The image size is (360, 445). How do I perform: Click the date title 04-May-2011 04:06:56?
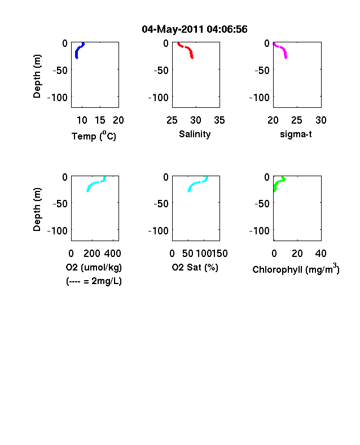tap(195, 29)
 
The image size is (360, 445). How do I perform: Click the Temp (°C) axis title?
tap(94, 136)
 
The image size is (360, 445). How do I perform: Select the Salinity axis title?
tap(195, 134)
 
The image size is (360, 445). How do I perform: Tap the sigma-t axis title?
tap(296, 134)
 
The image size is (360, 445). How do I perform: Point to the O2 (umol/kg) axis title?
tap(94, 267)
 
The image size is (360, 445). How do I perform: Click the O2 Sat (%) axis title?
tap(195, 267)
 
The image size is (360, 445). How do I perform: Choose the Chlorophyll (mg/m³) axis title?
tap(296, 268)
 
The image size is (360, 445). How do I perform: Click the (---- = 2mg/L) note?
tap(94, 281)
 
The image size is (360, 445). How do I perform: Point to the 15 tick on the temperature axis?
tap(100, 120)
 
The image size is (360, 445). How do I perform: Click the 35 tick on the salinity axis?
tap(219, 120)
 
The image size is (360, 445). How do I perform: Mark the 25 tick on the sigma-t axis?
tap(297, 120)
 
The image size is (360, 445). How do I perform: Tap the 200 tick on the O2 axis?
tap(92, 253)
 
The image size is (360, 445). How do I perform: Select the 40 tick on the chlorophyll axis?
tap(321, 253)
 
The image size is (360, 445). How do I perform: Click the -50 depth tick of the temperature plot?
tap(60, 70)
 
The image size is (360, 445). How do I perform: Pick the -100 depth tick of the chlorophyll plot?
tap(259, 231)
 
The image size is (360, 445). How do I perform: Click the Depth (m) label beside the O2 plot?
tap(37, 210)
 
